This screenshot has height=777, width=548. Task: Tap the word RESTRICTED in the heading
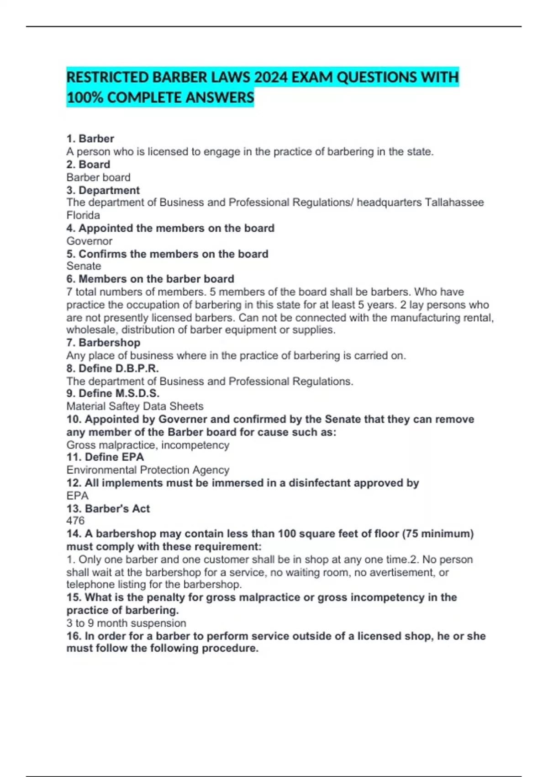click(x=108, y=77)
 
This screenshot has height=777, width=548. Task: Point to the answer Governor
click(x=90, y=241)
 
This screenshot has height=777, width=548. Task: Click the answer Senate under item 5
click(x=84, y=266)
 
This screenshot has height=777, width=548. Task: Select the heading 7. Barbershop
click(x=103, y=343)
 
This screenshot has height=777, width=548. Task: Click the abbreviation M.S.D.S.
click(x=137, y=394)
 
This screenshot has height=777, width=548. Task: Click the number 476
click(x=75, y=521)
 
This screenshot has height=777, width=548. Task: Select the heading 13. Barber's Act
click(x=108, y=509)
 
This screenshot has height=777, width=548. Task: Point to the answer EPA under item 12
click(x=77, y=496)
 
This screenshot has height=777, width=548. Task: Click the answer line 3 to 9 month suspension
click(x=126, y=623)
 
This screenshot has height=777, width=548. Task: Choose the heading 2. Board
click(x=88, y=165)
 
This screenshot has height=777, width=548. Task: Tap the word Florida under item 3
click(x=83, y=215)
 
